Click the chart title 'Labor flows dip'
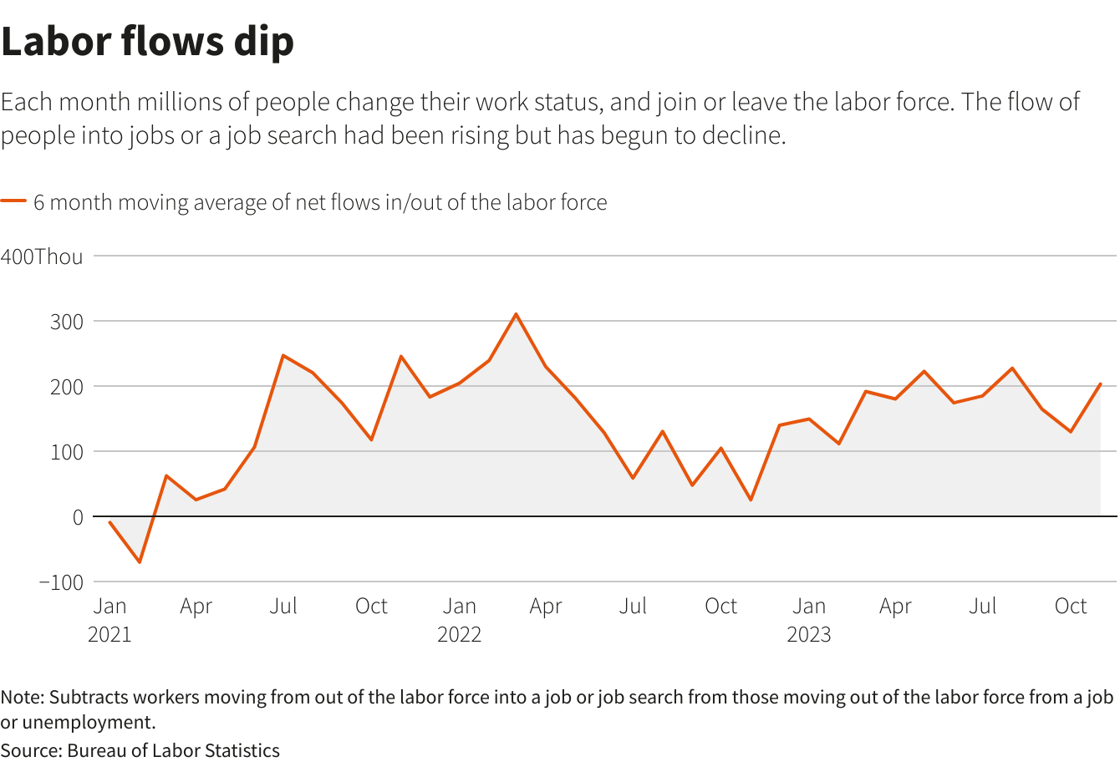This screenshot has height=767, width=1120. click(x=148, y=42)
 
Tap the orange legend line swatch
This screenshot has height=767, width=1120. click(x=13, y=201)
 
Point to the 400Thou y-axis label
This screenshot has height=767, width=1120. click(x=42, y=257)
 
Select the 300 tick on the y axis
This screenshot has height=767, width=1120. click(x=66, y=322)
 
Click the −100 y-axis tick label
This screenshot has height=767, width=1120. click(x=61, y=582)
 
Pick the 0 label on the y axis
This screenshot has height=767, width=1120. click(x=78, y=517)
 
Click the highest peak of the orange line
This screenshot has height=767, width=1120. click(x=516, y=314)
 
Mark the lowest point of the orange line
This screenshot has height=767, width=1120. click(x=140, y=562)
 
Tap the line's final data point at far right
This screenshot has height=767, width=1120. click(x=1100, y=383)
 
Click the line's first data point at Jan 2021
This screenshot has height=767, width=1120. click(x=109, y=522)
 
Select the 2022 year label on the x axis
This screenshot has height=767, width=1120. click(x=459, y=635)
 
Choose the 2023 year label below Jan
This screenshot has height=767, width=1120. click(x=808, y=635)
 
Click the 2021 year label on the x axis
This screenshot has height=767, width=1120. click(x=109, y=635)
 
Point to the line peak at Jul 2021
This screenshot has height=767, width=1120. click(x=283, y=355)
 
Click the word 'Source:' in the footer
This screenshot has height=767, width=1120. click(x=31, y=750)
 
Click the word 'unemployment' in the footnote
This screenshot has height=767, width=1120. click(x=88, y=722)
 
